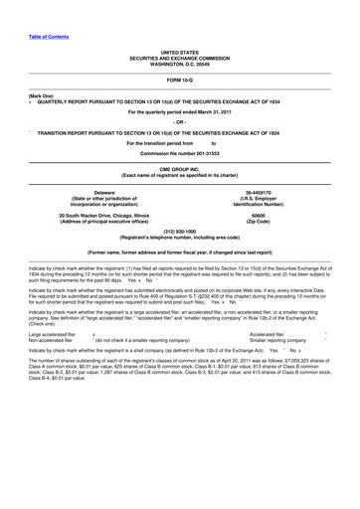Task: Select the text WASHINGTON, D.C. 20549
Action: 179,60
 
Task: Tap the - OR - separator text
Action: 179,122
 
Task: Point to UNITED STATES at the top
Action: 179,48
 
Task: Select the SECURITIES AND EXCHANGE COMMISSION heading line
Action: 179,54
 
